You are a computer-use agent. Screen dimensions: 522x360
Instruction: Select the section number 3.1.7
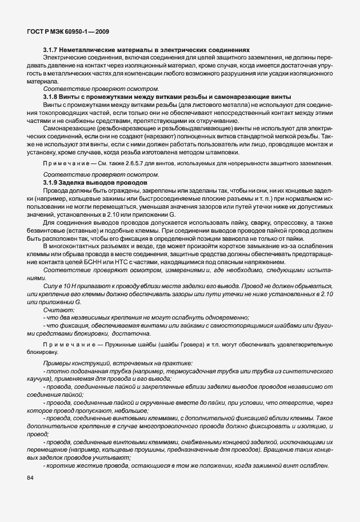51,50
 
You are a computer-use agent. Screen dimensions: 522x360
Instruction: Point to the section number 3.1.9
51,181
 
